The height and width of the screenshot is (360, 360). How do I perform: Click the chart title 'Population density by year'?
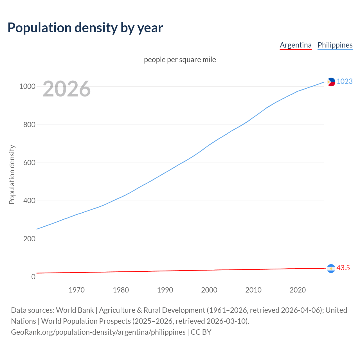coord(85,28)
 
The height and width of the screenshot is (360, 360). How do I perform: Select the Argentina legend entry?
coord(296,45)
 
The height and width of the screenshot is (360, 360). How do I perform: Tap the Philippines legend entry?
coord(335,45)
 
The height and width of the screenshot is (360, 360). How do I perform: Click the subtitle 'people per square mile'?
coord(180,60)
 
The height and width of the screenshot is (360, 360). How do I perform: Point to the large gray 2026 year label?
coord(67,89)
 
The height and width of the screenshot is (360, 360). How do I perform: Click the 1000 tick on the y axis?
coord(27,87)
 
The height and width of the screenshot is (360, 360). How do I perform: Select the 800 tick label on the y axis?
coord(29,125)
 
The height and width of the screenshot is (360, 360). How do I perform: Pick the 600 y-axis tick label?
coord(29,163)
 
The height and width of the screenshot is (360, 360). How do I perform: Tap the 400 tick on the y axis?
coord(29,201)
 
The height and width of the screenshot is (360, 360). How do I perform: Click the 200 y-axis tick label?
coord(29,239)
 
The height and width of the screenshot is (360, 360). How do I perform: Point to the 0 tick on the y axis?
coord(33,277)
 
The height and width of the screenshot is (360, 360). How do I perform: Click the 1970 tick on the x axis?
coord(76,290)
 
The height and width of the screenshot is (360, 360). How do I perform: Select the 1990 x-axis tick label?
coord(165,290)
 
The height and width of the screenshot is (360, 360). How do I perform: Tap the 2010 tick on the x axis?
coord(253,290)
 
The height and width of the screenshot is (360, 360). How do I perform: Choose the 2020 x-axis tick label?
coord(298,290)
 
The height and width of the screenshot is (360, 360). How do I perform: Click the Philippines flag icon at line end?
coord(331,82)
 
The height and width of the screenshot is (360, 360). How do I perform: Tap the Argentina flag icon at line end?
coord(331,269)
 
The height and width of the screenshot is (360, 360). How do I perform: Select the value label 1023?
coord(345,82)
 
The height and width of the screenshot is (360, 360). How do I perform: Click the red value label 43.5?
coord(343,268)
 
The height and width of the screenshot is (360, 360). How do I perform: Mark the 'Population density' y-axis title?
coord(12,174)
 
